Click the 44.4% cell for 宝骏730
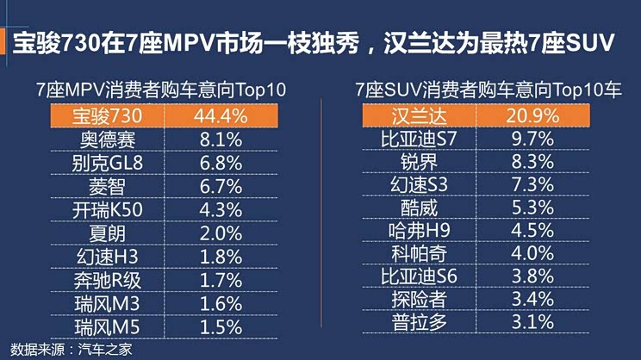(x=217, y=115)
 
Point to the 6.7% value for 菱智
(x=217, y=185)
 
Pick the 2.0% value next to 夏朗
(x=217, y=233)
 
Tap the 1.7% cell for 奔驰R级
(x=217, y=279)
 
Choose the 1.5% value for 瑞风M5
(x=217, y=326)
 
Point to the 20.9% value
(x=531, y=115)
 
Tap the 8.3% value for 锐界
(x=531, y=161)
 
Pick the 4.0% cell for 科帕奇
(x=531, y=253)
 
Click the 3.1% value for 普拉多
(x=531, y=322)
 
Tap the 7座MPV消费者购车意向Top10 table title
(x=161, y=90)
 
